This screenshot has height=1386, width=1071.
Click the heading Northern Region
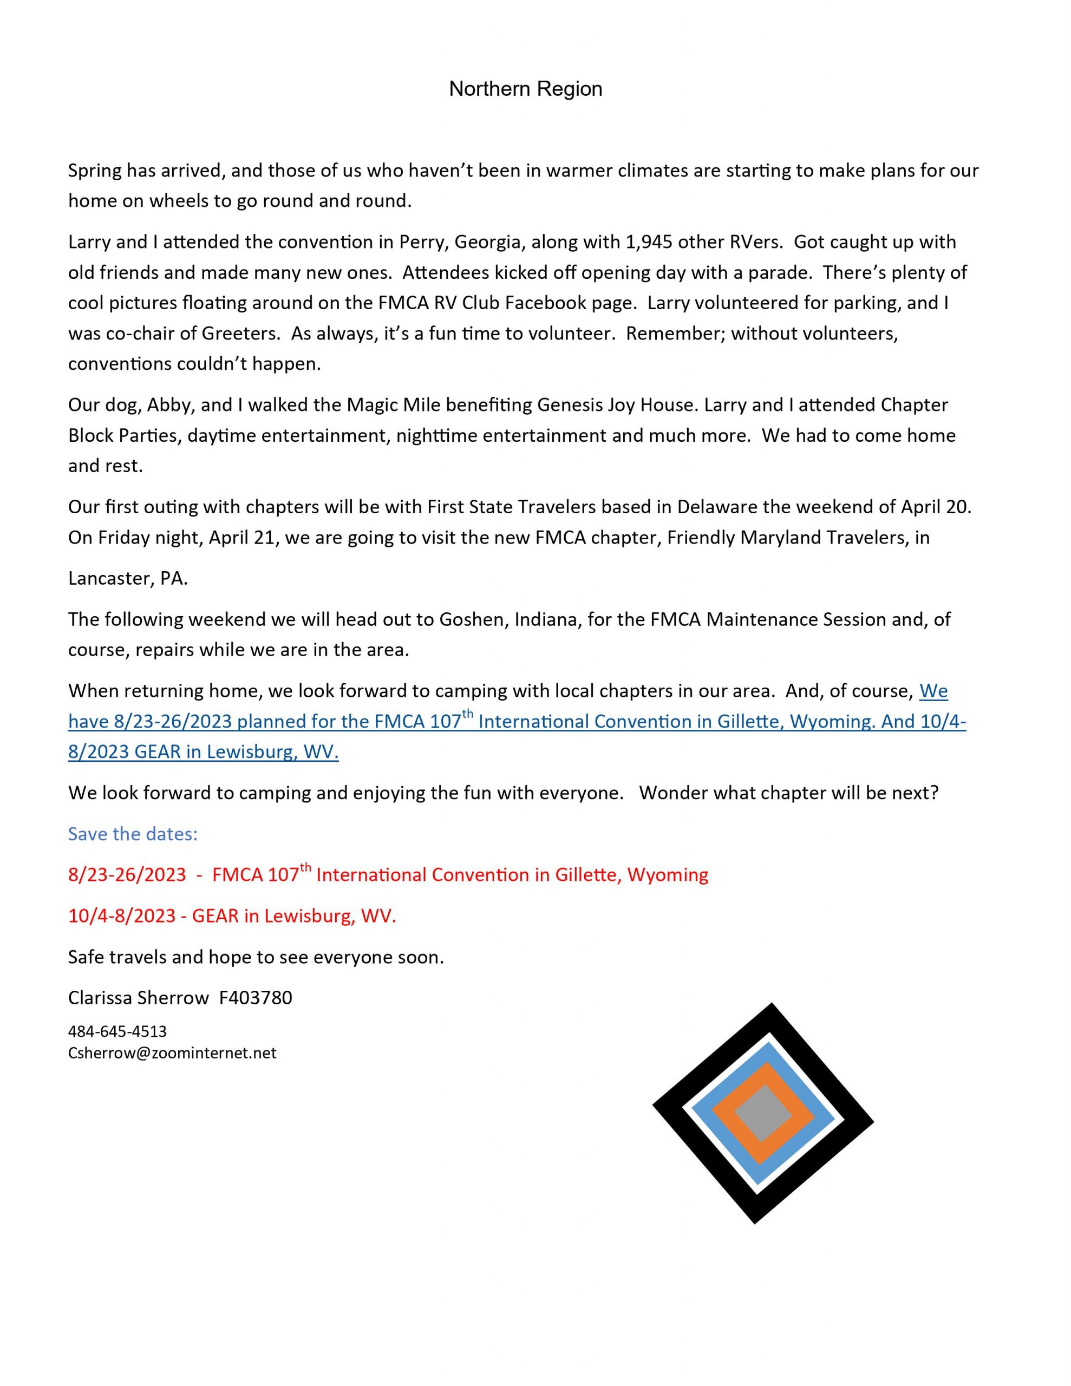525,89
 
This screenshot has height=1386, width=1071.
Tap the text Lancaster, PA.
128,579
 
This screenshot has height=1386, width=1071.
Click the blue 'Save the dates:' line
133,834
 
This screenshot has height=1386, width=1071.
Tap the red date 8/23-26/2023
127,875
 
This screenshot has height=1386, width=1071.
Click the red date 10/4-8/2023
122,916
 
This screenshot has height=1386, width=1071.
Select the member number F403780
256,998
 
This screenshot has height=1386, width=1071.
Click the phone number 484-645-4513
117,1031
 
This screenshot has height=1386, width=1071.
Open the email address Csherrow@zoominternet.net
172,1053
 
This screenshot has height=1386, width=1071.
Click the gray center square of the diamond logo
762,1114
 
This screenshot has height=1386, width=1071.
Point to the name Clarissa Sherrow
139,998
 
